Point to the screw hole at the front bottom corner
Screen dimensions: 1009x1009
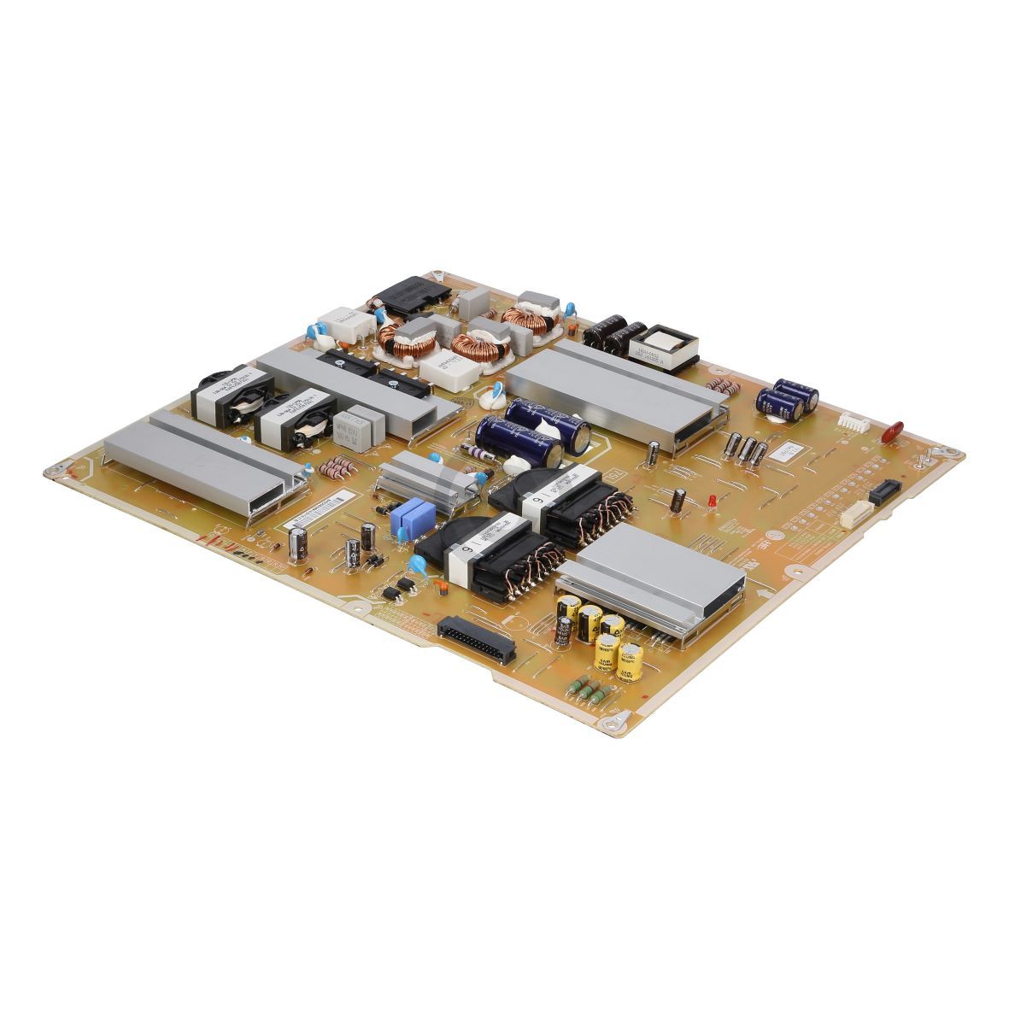click(x=611, y=725)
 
